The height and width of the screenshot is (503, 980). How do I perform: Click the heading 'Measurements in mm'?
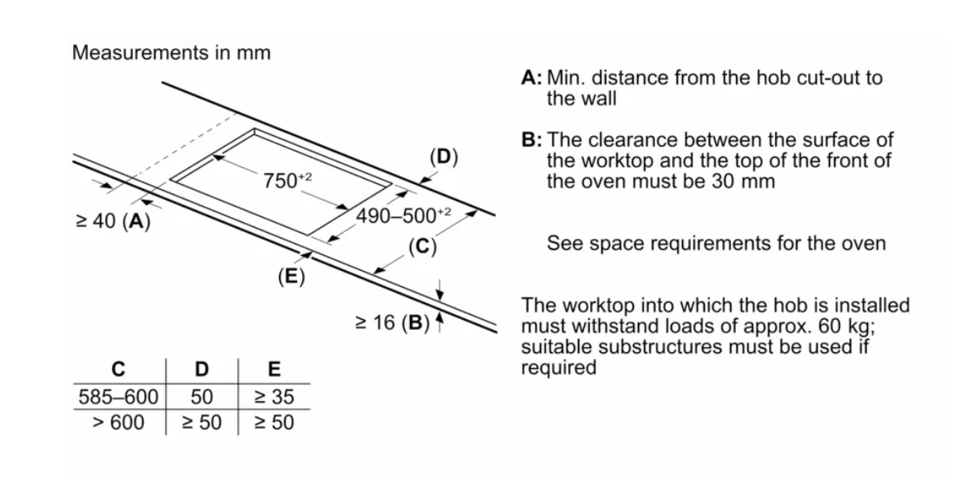pyautogui.click(x=171, y=53)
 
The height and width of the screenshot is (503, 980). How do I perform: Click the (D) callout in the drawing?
pyautogui.click(x=444, y=156)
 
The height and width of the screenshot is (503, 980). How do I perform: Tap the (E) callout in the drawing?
pyautogui.click(x=290, y=277)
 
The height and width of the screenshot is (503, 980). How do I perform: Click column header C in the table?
pyautogui.click(x=118, y=369)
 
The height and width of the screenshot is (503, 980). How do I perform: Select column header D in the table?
pyautogui.click(x=202, y=369)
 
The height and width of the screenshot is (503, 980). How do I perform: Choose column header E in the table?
pyautogui.click(x=274, y=369)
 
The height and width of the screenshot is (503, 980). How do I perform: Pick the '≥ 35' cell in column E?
pyautogui.click(x=274, y=397)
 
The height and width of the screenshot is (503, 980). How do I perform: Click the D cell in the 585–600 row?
pyautogui.click(x=202, y=397)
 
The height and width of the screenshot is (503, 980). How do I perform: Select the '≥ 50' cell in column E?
pyautogui.click(x=274, y=423)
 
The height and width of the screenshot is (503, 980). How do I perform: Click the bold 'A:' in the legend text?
pyautogui.click(x=532, y=79)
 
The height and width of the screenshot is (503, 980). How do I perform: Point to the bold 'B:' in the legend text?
pyautogui.click(x=532, y=140)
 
